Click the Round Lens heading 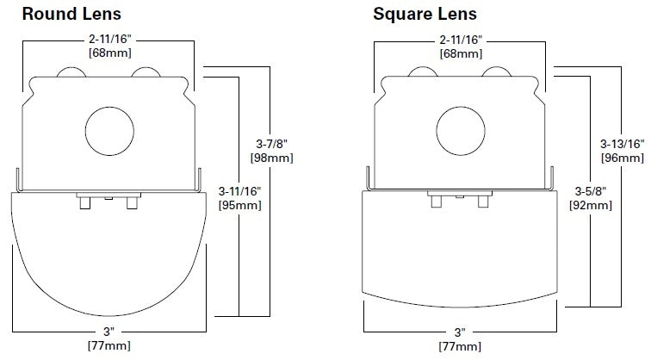click(x=71, y=14)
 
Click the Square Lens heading click(x=425, y=14)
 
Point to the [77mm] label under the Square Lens click(x=460, y=345)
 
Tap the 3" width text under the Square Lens click(x=460, y=331)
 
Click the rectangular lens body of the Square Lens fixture click(x=459, y=250)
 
